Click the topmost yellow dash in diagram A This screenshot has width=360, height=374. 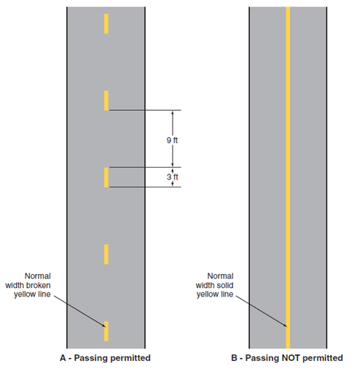pos(106,23)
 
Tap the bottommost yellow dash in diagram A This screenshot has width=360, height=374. pos(106,331)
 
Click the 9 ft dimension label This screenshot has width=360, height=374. pos(172,140)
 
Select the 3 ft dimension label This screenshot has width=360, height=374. pos(172,177)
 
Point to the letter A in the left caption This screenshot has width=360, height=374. pos(63,358)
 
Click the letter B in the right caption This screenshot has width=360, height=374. pos(234,358)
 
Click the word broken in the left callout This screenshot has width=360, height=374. pos(39,285)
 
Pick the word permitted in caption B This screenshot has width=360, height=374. pos(323,358)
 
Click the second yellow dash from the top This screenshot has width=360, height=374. pos(106,101)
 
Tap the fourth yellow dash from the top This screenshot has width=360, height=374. pos(106,254)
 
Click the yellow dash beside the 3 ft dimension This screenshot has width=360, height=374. pos(106,177)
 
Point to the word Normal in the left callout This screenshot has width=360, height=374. pos(38,276)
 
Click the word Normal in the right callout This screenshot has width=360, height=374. pos(220,276)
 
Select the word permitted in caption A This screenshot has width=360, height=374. pos(130,358)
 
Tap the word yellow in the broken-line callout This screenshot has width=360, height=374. pos(23,295)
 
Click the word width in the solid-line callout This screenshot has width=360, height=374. pos(204,285)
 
